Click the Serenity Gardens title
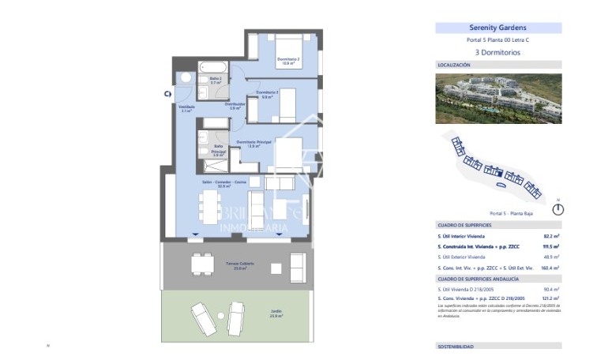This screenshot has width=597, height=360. (x=498, y=28)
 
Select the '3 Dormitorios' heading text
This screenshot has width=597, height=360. (x=498, y=52)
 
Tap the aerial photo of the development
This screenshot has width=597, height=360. (x=498, y=99)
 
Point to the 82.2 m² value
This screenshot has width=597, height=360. (x=550, y=236)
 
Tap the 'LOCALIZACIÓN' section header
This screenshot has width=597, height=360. (x=454, y=65)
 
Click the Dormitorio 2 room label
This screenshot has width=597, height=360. (x=287, y=61)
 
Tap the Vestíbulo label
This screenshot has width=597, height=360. (x=186, y=108)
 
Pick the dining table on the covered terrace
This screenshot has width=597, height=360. (x=202, y=261)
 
